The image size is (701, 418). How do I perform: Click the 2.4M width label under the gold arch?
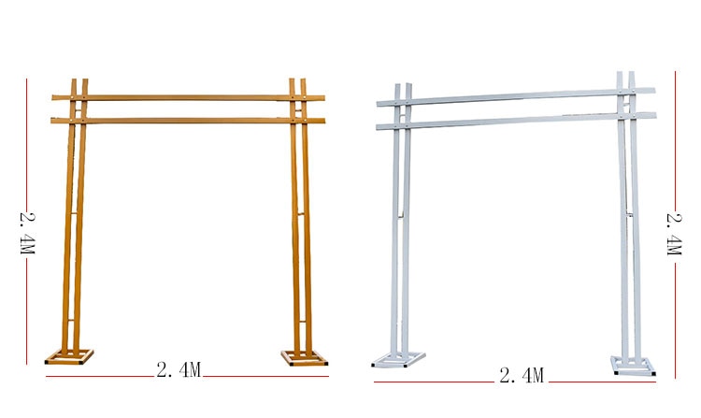179,369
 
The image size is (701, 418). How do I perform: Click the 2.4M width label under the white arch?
522,376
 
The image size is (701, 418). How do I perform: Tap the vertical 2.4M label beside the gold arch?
28,233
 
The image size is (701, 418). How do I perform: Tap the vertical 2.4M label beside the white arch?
674,235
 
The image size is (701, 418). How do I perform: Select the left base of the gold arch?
69,357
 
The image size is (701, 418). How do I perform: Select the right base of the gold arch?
304,357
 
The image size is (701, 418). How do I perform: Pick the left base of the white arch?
398,360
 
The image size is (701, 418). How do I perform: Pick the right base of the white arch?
633,366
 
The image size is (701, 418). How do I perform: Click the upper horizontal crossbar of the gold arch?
188,97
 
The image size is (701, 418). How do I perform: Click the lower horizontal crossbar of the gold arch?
188,121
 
